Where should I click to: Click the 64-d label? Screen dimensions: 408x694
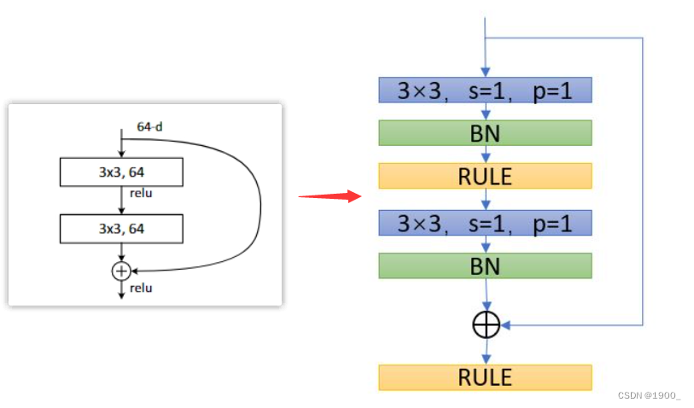click(149, 127)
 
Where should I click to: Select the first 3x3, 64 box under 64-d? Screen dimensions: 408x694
click(121, 172)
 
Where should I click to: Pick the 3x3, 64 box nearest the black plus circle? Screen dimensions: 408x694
click(121, 228)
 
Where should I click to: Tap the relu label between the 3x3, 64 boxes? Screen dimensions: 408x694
click(141, 194)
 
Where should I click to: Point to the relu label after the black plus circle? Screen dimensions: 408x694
click(141, 288)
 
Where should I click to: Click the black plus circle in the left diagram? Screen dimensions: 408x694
click(121, 271)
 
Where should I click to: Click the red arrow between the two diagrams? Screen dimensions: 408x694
click(330, 195)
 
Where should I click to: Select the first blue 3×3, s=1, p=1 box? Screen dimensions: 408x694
click(485, 90)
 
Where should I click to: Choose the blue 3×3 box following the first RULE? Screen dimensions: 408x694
click(485, 223)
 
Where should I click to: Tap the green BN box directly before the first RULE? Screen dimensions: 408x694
click(485, 132)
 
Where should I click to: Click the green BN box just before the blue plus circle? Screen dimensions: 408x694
click(485, 265)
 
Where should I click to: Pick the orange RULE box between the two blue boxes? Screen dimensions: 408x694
click(485, 176)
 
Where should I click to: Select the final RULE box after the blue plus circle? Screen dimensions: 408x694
click(485, 376)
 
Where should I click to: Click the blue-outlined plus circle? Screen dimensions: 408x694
click(486, 325)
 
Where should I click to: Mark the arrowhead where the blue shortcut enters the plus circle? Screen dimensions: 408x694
click(504, 325)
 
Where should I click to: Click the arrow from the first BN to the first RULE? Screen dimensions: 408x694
click(485, 154)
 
